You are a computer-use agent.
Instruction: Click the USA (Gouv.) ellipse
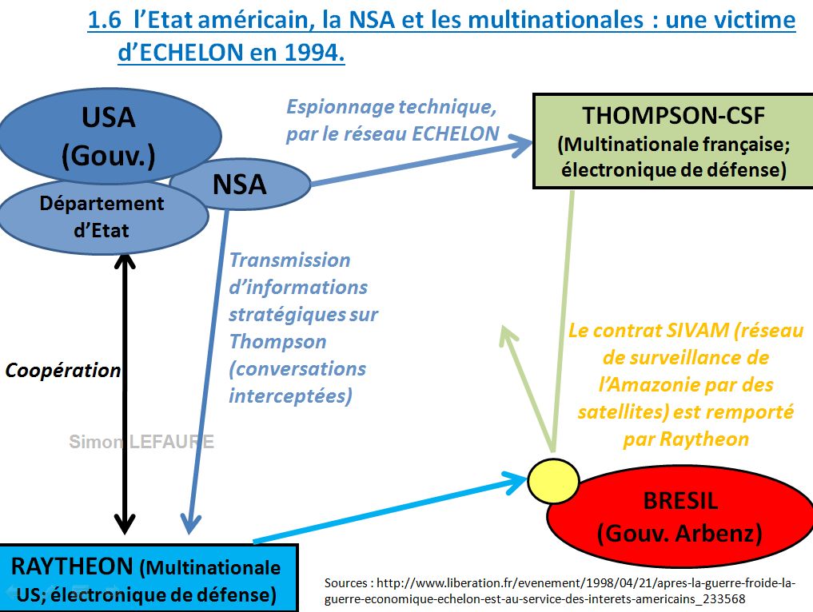click(109, 136)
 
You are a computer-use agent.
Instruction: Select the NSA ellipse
click(240, 185)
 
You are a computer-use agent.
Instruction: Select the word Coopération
click(63, 371)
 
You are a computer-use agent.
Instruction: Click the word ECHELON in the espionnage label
click(456, 133)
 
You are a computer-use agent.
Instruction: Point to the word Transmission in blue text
click(290, 260)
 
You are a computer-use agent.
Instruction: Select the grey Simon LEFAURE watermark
click(141, 442)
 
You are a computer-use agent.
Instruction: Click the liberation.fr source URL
click(560, 590)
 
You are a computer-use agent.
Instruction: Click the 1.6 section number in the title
click(106, 20)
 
